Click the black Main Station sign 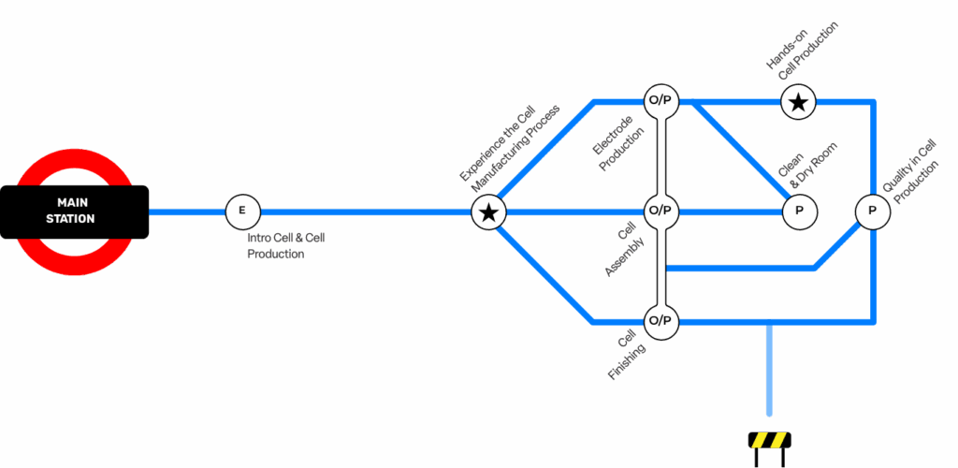pos(75,212)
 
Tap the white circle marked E pos(242,212)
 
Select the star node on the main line pos(487,212)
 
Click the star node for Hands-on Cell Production pos(798,101)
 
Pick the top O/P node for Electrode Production pos(660,100)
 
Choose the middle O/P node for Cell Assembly pos(660,211)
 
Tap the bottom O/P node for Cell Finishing pos(660,321)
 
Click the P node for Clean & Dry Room pos(799,212)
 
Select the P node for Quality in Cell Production pos(872,212)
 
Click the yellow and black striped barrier pos(769,440)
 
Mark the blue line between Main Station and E pos(187,212)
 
